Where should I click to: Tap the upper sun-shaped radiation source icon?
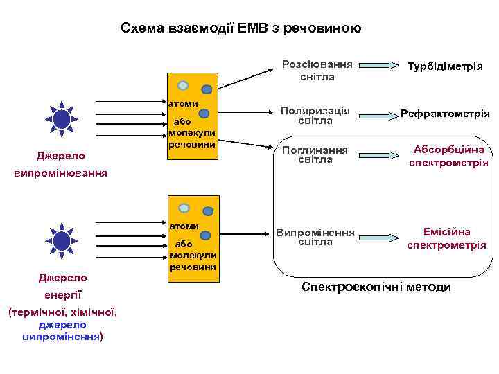[x=62, y=120]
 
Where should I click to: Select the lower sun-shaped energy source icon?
[x=62, y=241]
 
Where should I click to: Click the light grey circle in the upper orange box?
[x=183, y=86]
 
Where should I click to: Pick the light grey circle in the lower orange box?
[x=184, y=208]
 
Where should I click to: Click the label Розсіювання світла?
[x=317, y=71]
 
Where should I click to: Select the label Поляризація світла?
[x=315, y=115]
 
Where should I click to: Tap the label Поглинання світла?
[x=315, y=154]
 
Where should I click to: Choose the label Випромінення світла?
[x=315, y=237]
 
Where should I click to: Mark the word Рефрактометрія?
[x=448, y=113]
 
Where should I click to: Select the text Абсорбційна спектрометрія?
[x=448, y=156]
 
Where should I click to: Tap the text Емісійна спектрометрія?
[x=446, y=238]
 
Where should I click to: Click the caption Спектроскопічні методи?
[x=376, y=287]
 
